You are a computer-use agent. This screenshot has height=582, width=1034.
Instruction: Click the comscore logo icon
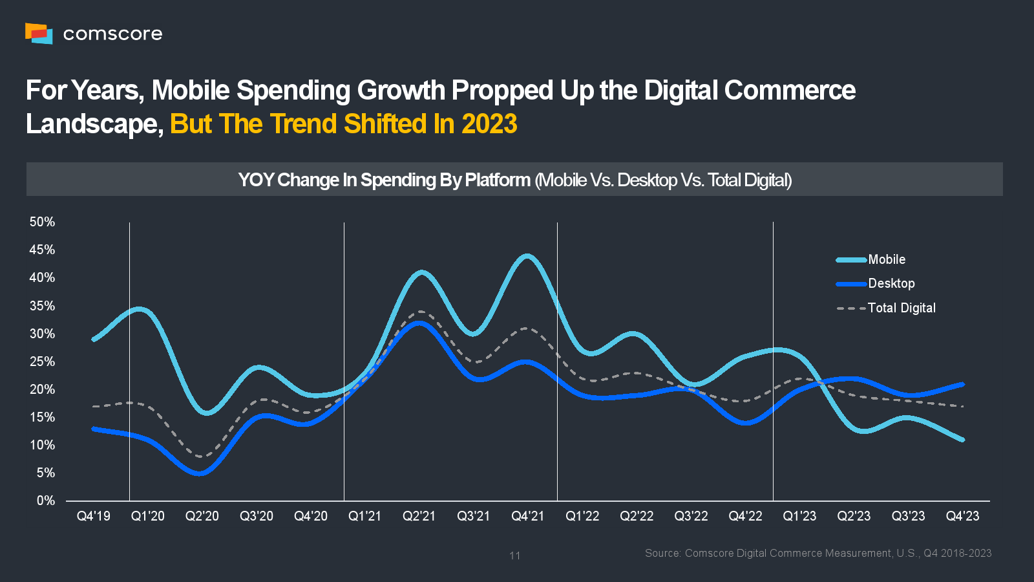(39, 33)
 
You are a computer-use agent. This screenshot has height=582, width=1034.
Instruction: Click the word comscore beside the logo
(112, 34)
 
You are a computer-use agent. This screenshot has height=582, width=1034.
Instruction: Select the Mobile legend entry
(886, 259)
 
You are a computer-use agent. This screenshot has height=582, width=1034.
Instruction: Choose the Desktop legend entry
(891, 283)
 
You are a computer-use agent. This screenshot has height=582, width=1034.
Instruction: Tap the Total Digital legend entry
(901, 308)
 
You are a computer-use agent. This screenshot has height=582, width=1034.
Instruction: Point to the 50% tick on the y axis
(42, 222)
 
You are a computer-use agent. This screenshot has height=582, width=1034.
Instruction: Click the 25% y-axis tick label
(42, 361)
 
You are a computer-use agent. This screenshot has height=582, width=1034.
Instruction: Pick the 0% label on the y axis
(45, 501)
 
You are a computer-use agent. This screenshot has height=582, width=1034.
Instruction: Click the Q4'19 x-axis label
(94, 516)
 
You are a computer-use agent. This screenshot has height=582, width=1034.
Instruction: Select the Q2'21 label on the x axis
(419, 516)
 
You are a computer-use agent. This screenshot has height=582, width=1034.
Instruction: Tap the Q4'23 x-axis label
(962, 516)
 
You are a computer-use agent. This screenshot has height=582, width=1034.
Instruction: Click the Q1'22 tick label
(582, 516)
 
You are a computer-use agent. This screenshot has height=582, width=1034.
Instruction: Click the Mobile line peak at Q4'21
(528, 256)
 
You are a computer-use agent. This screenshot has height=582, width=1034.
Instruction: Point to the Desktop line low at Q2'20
(202, 473)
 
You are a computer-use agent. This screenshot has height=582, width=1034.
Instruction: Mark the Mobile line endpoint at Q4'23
(962, 440)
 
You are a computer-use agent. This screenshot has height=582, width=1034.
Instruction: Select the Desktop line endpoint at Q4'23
(962, 384)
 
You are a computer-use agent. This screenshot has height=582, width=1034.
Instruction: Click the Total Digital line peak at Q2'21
(420, 312)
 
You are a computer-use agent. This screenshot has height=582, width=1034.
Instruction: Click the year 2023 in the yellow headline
(489, 124)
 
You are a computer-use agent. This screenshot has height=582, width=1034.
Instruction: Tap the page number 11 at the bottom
(514, 555)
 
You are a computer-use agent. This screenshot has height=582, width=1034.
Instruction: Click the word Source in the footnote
(662, 553)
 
